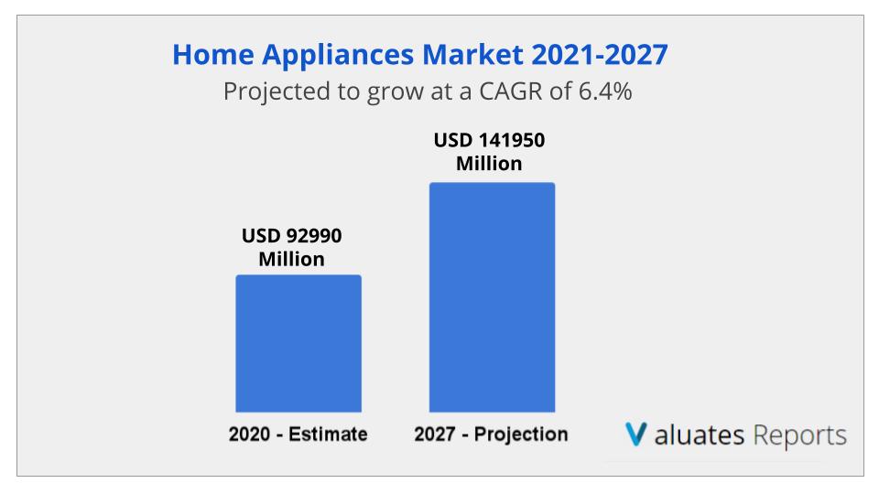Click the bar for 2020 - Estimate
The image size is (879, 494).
point(298,343)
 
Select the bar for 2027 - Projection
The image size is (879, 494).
point(492,297)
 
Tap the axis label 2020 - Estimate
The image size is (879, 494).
point(298,434)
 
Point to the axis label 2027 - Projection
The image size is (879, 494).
point(491,434)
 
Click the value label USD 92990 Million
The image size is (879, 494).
point(291,247)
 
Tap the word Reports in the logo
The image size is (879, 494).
point(799,435)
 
